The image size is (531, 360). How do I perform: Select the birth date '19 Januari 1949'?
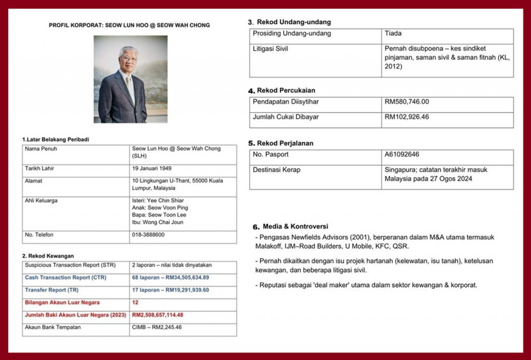pos(152,169)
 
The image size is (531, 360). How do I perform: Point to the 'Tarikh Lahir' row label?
pos(39,169)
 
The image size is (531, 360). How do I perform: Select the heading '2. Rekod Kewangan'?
pos(48,256)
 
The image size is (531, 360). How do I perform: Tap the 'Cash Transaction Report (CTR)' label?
pos(65,278)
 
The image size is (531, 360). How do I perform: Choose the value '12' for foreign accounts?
pos(135,302)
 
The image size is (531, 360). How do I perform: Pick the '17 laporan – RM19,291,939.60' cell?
pos(170,290)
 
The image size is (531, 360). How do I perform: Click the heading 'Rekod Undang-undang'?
pos(294,22)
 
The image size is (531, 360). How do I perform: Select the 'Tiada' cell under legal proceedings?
pos(393,34)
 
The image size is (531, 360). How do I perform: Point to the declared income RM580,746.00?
pos(407,102)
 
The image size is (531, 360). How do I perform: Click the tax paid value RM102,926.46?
pos(407,117)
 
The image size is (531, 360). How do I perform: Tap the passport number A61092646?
pos(402,155)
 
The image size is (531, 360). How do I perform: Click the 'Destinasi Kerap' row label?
pos(276,170)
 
